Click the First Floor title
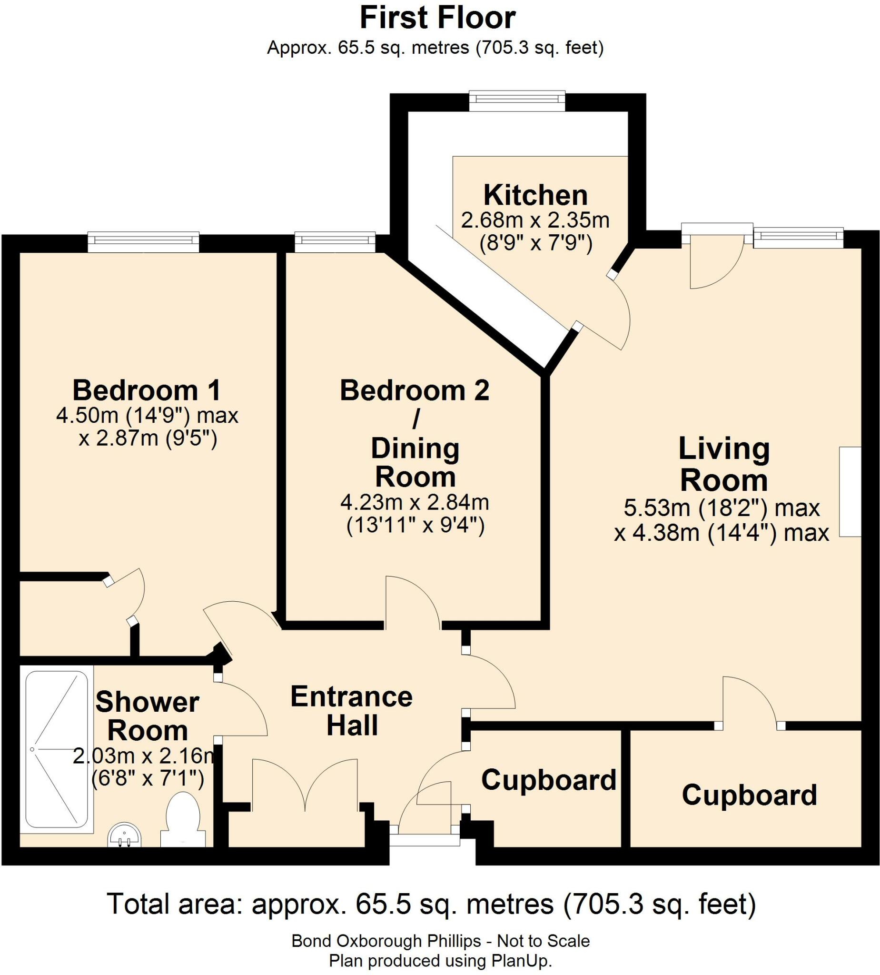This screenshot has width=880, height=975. point(437,18)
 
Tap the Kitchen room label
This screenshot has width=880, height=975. point(536,195)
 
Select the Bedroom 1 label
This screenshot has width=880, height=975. point(147,390)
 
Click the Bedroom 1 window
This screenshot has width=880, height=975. point(143,241)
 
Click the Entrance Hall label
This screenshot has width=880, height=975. point(352,711)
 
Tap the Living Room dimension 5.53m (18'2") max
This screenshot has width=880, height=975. point(722,508)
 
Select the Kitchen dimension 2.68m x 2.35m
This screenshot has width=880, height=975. point(535,220)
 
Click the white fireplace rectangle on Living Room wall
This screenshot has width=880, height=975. point(850,491)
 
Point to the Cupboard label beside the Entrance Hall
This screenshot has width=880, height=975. point(549,780)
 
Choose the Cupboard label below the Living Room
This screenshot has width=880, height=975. point(749,795)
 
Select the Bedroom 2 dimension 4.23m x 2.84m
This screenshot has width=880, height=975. point(415,502)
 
